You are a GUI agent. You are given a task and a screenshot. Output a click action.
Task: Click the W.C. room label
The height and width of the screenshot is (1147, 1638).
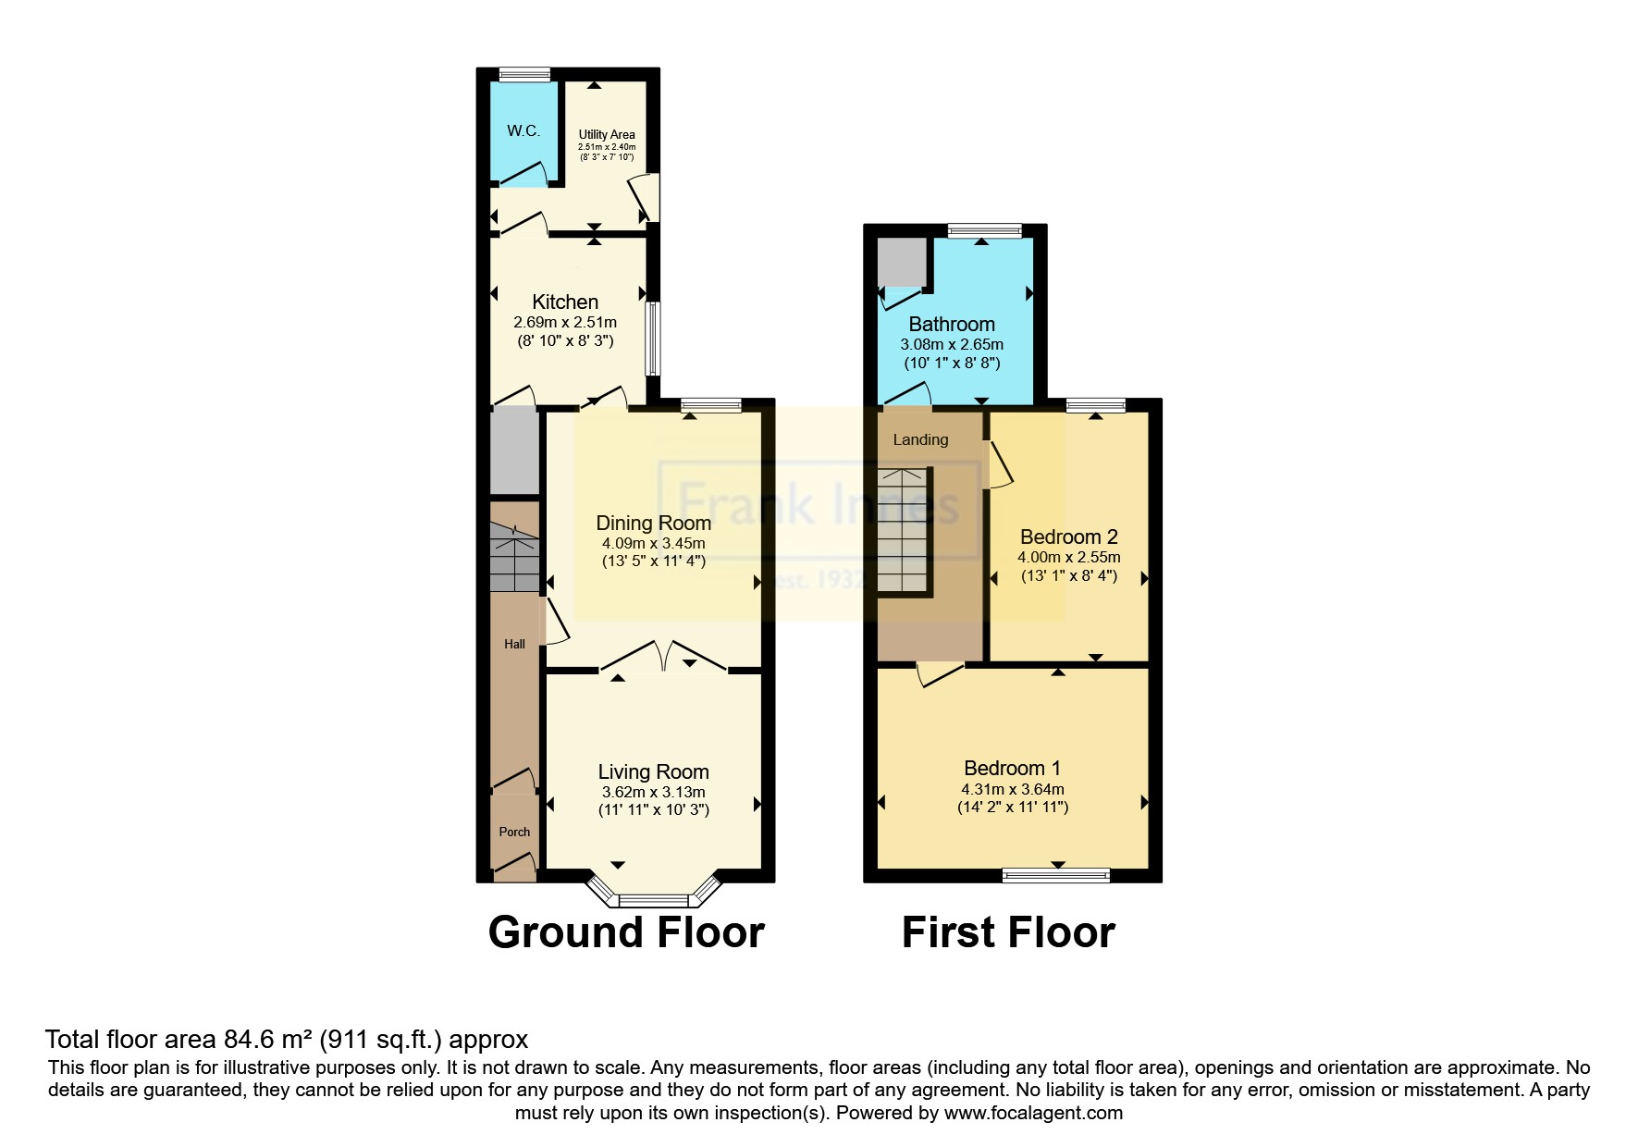(x=523, y=130)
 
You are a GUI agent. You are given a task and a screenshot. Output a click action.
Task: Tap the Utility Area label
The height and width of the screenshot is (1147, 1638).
(x=607, y=134)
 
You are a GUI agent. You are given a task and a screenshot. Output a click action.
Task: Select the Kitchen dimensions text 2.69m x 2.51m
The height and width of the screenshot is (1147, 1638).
(x=565, y=323)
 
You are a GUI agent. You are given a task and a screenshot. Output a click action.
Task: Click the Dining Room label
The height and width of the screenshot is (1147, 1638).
(x=653, y=523)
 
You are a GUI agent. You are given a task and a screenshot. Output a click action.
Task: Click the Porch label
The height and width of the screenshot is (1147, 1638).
(x=514, y=832)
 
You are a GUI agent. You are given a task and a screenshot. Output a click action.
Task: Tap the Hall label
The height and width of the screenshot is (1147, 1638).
(x=514, y=644)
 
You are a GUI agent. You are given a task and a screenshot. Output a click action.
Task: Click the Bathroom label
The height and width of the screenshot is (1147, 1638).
(x=952, y=324)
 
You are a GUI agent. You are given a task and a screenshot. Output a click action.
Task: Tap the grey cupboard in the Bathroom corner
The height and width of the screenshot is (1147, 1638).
(x=902, y=263)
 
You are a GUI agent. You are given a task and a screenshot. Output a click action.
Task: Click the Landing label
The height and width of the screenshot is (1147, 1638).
(x=920, y=439)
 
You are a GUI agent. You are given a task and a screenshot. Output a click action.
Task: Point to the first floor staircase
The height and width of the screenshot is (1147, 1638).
(x=902, y=532)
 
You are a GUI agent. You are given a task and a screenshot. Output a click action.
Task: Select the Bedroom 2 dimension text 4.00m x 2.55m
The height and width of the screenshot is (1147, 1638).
(x=1068, y=557)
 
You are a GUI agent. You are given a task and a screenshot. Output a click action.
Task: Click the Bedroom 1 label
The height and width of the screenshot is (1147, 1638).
(x=1012, y=768)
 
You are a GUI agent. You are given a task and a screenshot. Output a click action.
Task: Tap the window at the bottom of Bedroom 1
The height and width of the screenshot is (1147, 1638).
(x=1056, y=875)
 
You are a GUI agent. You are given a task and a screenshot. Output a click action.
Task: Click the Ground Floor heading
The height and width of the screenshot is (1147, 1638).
(x=626, y=932)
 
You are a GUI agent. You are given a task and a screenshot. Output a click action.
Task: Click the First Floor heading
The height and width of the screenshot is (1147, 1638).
(x=1008, y=932)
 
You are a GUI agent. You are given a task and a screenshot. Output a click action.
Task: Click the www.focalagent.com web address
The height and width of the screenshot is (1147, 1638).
(x=1033, y=1113)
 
